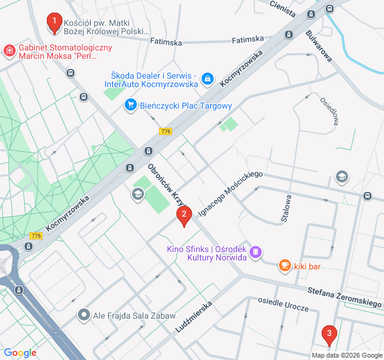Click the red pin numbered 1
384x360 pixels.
[54, 23]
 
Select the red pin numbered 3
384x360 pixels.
[328, 334]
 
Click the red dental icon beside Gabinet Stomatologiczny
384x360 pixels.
[10, 50]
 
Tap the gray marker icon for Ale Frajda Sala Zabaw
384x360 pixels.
[84, 314]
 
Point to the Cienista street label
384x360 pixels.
[283, 9]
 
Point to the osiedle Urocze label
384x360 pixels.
[283, 303]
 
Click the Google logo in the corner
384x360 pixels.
[20, 353]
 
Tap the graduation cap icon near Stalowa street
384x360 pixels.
[341, 176]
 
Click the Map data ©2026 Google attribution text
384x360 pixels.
[346, 355]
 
